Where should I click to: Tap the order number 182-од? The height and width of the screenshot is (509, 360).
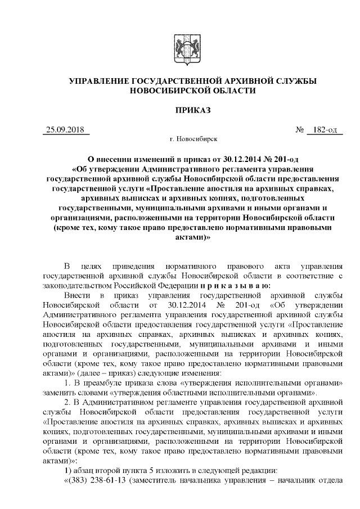point(325,130)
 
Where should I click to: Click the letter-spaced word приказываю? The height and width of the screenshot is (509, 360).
point(223,286)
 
